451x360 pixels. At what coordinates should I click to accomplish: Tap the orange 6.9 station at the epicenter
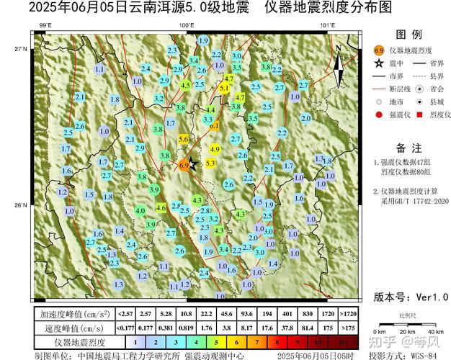(x=183, y=165)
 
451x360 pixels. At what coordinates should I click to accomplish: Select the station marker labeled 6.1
(x=214, y=126)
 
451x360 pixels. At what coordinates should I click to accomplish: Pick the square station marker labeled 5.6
(x=184, y=139)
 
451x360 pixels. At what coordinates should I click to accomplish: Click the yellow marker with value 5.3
(x=210, y=163)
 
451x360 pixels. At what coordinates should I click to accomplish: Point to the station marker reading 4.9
(x=214, y=149)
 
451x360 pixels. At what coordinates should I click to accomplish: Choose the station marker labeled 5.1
(x=224, y=88)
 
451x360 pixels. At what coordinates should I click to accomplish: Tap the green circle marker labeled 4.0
(x=130, y=219)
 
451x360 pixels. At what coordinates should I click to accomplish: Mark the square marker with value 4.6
(x=161, y=207)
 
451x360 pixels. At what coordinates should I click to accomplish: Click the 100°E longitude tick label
(x=186, y=27)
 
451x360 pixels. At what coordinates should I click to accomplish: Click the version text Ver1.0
(x=411, y=296)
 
